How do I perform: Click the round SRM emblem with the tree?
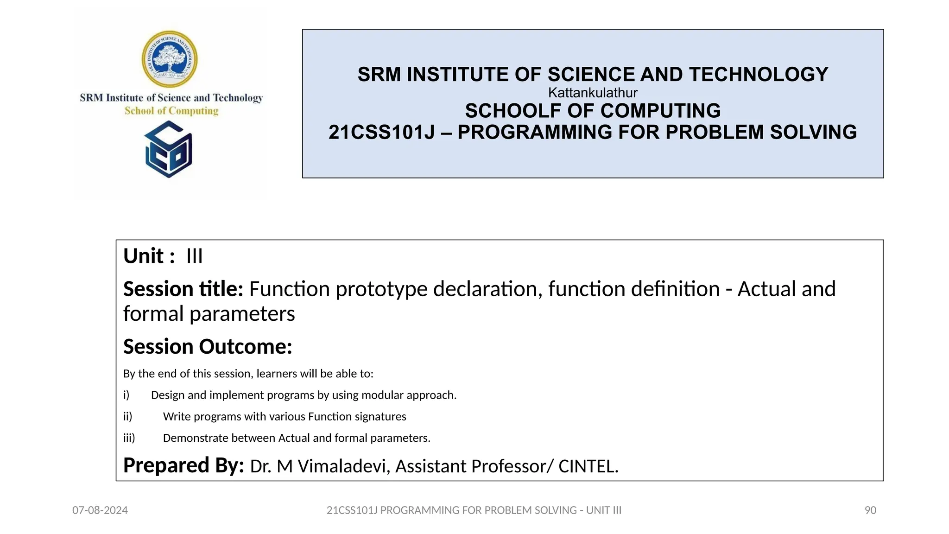click(170, 59)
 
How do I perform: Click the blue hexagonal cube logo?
click(169, 150)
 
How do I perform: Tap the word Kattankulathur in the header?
click(593, 93)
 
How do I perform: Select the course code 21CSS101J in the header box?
click(381, 133)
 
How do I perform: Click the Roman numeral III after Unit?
click(195, 256)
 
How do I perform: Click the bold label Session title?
click(183, 289)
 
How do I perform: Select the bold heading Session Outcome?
click(208, 347)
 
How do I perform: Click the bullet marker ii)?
click(127, 417)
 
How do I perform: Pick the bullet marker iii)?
click(129, 438)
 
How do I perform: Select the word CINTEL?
click(588, 466)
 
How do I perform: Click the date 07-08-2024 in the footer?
click(100, 510)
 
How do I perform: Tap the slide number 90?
click(870, 510)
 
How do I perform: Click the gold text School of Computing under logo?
click(171, 111)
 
